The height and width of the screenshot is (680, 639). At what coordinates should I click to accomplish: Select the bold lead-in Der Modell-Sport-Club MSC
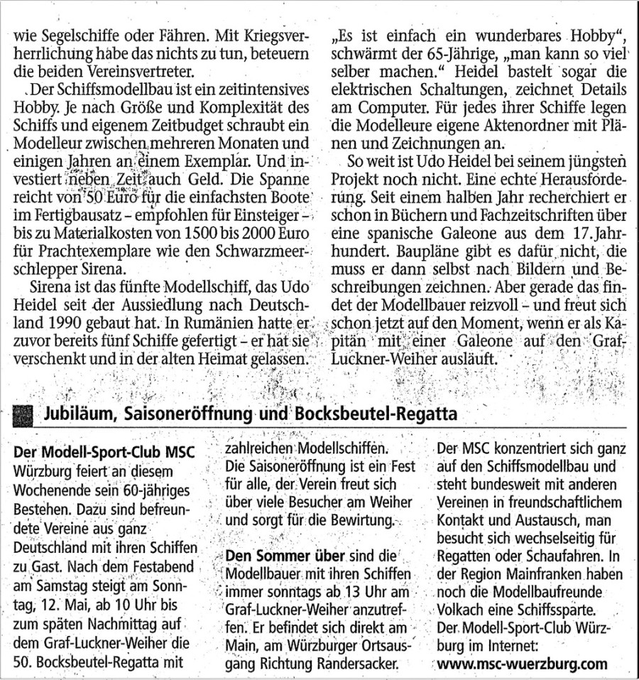[104, 452]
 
